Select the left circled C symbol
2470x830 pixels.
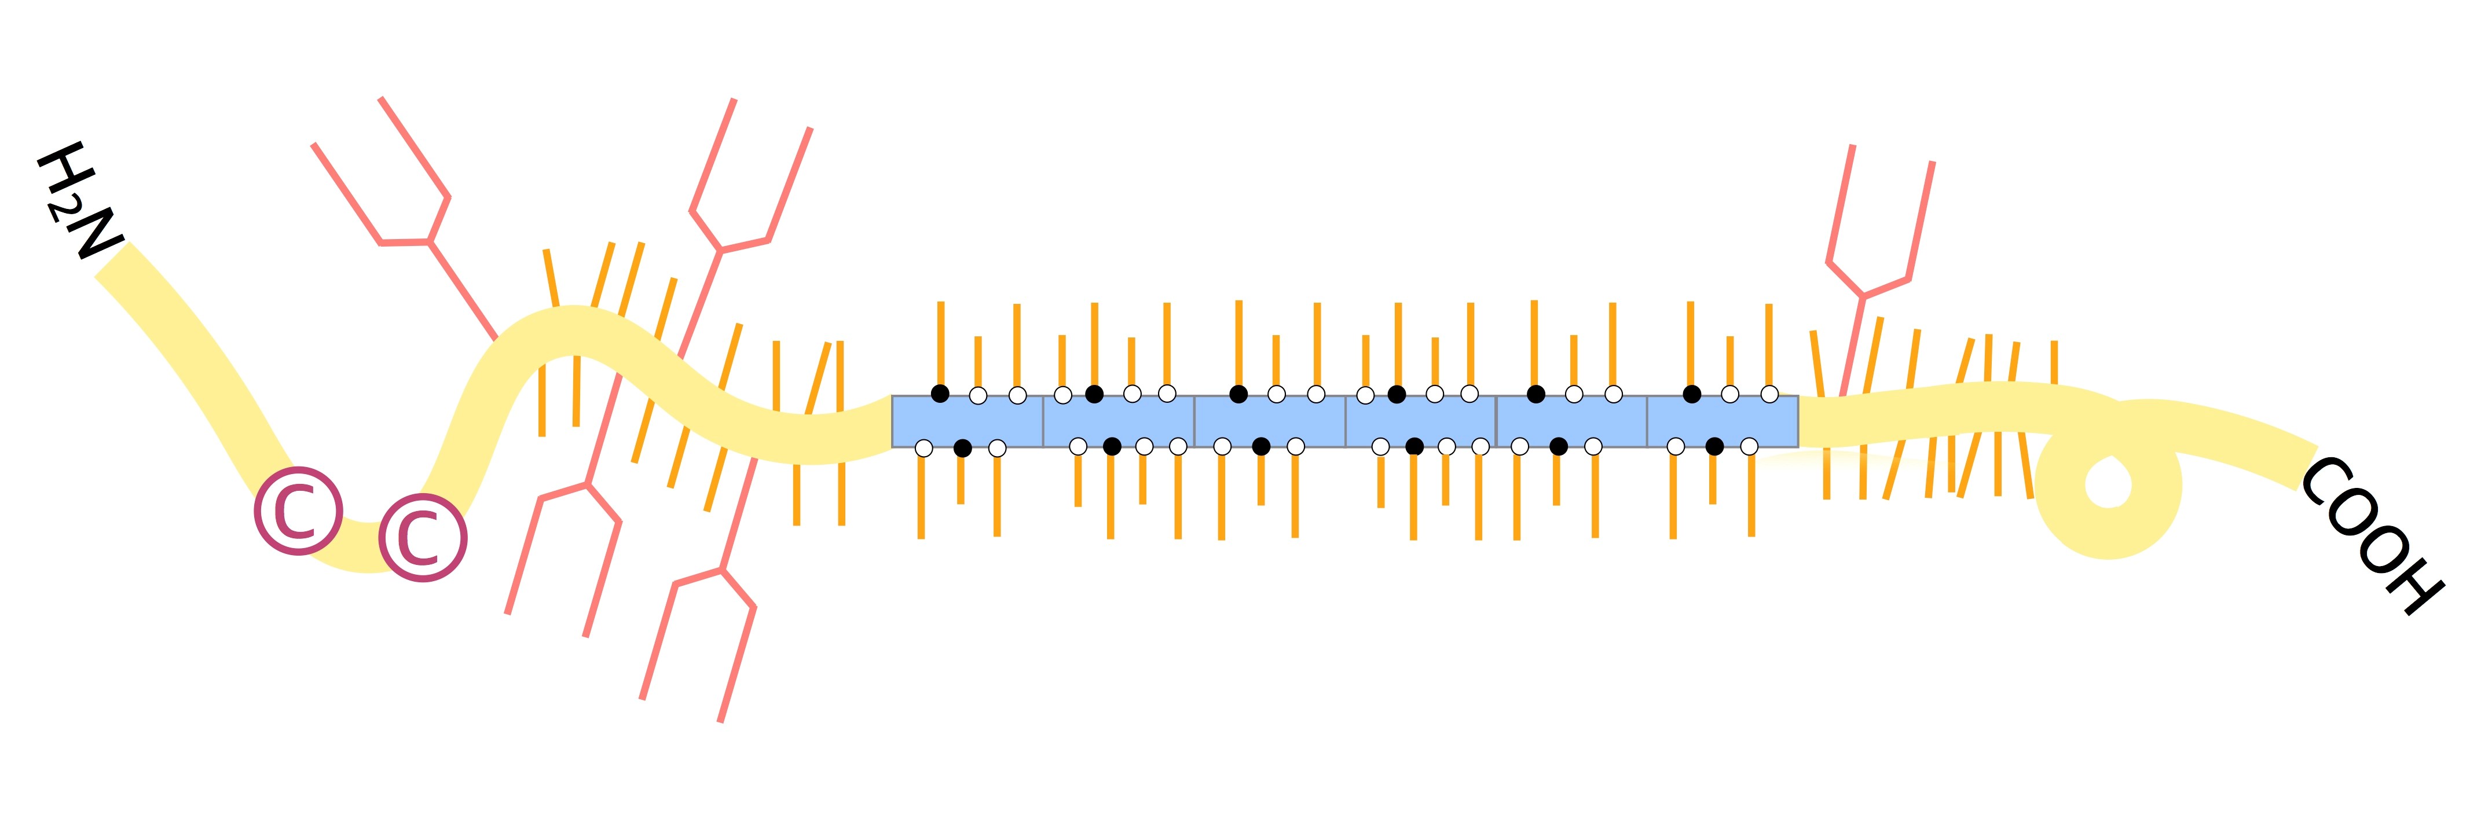pyautogui.click(x=298, y=511)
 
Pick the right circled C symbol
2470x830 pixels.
pyautogui.click(x=423, y=538)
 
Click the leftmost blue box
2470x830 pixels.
pyautogui.click(x=968, y=421)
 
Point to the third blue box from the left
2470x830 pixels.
pyautogui.click(x=1270, y=421)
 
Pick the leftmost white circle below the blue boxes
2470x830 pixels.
pyautogui.click(x=923, y=447)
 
